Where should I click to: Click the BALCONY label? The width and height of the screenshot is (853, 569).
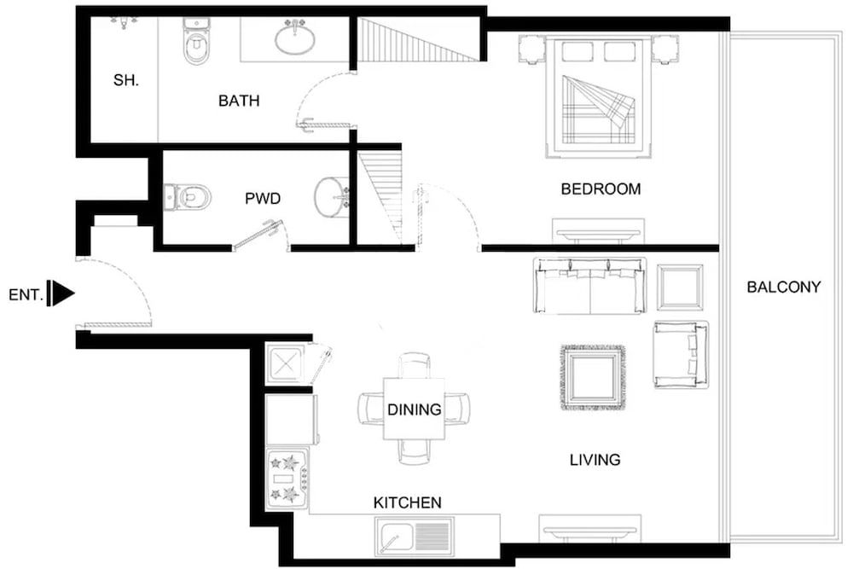783,287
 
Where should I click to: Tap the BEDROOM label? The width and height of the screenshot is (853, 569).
601,189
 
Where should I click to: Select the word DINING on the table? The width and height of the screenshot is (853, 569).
415,409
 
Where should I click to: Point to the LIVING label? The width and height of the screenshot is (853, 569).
595,461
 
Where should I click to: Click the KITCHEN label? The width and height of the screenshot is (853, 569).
407,503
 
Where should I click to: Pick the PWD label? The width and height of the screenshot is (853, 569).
263,199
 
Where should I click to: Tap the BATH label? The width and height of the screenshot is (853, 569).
239,101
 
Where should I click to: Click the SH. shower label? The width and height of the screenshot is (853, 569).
126,81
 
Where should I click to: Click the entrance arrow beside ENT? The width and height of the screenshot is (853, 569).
61,293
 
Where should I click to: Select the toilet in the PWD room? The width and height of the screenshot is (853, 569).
188,198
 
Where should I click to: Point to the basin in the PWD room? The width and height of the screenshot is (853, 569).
331,197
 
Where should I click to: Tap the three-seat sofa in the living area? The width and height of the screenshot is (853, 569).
589,285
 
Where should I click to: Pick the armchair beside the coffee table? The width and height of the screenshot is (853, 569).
681,354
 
